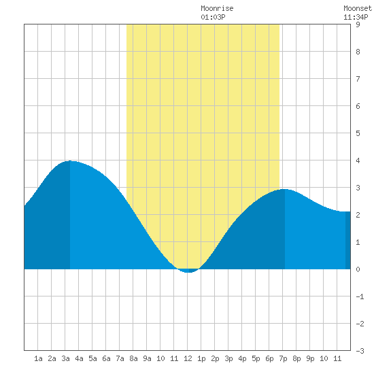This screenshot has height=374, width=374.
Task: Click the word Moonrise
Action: coord(217,8)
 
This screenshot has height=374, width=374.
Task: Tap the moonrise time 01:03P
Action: coord(213,17)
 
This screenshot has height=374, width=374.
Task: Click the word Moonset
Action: coord(358,8)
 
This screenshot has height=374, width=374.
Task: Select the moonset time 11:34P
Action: coord(356,17)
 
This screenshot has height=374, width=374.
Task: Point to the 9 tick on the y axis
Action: coord(358,24)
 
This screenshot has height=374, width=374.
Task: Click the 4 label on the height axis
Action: coord(358,160)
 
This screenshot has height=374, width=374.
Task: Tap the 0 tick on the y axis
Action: coord(358,269)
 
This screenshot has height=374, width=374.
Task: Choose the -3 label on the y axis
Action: coord(360,351)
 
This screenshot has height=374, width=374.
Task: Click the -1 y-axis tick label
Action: coord(360,296)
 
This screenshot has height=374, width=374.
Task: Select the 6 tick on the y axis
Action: coord(358,106)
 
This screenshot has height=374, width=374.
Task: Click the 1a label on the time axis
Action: coord(38,358)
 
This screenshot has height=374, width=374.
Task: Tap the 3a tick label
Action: coord(65,358)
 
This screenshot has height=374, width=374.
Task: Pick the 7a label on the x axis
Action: coord(120,358)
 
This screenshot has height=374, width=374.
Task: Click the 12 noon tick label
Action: coord(188,358)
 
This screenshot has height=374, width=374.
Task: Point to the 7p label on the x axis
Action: coord(283,358)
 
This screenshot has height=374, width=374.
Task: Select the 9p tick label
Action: coord(310,358)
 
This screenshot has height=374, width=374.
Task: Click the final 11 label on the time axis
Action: coord(337,358)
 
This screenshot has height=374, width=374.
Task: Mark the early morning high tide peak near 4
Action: coord(70,160)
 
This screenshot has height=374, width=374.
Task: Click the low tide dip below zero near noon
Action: coord(188,272)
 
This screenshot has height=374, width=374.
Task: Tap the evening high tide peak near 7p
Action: coord(284,189)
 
